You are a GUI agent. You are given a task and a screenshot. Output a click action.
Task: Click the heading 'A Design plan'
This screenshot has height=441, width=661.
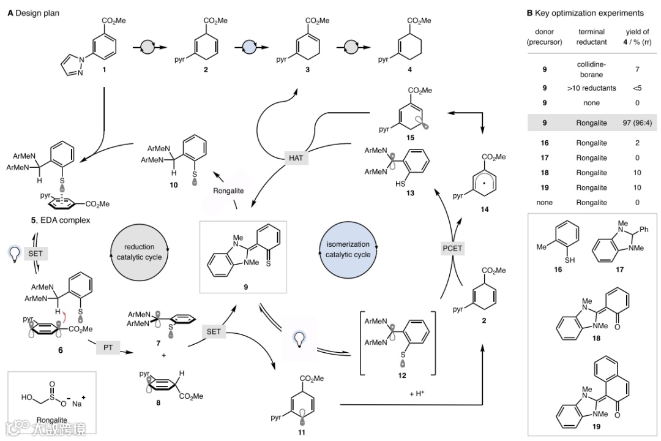34,13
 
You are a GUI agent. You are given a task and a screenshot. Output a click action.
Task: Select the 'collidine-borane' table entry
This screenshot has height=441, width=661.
591,69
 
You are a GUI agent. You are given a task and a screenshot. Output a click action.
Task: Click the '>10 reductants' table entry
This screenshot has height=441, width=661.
591,88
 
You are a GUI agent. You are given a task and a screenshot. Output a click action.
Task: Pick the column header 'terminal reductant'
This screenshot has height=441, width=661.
591,36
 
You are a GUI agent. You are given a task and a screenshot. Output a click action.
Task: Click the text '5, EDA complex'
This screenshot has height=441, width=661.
56,220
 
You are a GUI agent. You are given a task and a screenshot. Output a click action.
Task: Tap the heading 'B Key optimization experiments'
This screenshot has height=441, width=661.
585,13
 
